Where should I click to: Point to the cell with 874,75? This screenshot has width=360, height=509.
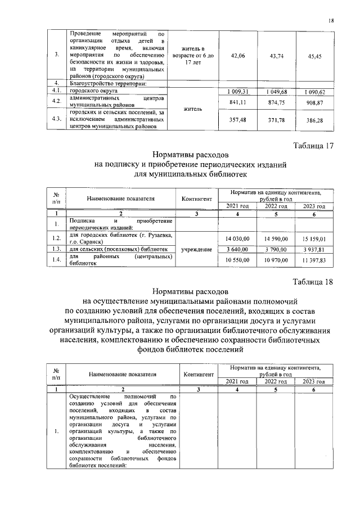pos(275,102)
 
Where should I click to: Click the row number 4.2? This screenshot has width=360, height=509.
pos(56,101)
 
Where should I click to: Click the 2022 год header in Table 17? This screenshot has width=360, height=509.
pos(275,206)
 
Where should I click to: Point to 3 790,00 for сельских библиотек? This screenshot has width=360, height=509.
pos(275,249)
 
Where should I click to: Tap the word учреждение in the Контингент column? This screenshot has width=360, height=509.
pos(197,249)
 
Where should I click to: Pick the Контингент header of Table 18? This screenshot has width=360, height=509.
pos(197,374)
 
